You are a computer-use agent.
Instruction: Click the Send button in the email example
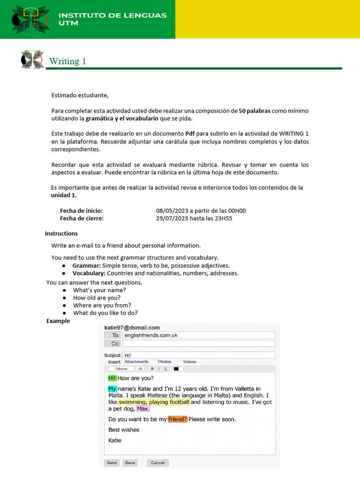pos(112,463)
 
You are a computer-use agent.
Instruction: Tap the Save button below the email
pos(130,463)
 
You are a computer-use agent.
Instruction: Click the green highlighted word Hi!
pos(112,378)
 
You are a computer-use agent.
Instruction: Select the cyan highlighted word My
pos(112,389)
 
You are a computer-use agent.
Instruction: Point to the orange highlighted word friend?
pos(178,419)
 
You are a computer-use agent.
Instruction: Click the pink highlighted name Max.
pos(143,409)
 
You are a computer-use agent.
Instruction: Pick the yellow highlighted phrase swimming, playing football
pos(154,402)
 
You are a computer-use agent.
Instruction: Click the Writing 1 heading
pos(67,61)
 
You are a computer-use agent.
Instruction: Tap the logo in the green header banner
pos(30,19)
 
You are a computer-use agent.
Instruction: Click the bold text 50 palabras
pos(255,111)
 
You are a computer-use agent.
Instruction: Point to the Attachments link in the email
pos(136,362)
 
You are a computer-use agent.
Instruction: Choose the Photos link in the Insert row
pos(165,362)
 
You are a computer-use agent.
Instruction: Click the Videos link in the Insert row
pos(189,362)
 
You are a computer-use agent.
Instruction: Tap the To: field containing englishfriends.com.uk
pos(198,335)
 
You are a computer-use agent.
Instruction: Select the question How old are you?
pos(97,298)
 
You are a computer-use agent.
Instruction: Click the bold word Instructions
pos(61,233)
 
